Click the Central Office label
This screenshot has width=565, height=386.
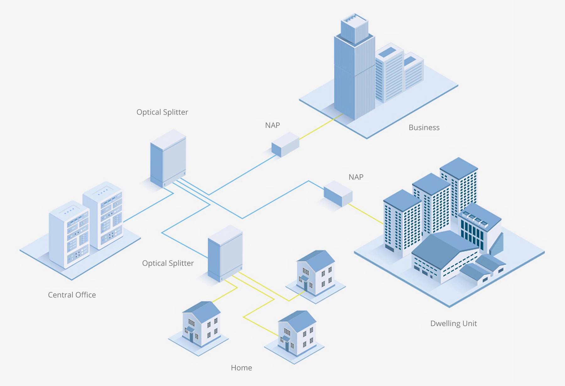click(72, 295)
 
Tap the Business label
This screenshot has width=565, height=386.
click(424, 128)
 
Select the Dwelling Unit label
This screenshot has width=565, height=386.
click(453, 323)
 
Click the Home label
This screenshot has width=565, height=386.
click(241, 368)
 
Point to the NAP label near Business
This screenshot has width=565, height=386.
click(272, 125)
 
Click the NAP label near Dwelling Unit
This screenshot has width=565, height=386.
click(356, 177)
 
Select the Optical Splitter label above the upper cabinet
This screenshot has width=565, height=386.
click(162, 112)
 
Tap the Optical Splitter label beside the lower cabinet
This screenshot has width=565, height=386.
click(168, 263)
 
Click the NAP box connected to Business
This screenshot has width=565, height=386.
click(285, 144)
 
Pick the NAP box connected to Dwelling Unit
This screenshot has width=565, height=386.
click(338, 193)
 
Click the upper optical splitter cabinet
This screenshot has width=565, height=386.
click(168, 159)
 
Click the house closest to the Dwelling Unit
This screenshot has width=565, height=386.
click(316, 273)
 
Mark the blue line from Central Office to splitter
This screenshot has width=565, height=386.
click(148, 208)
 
